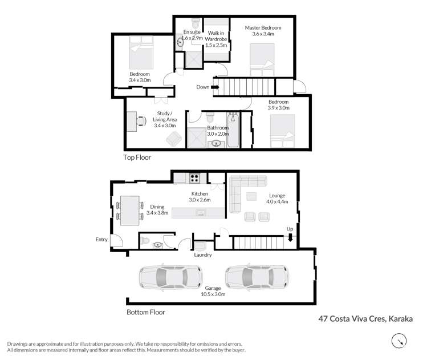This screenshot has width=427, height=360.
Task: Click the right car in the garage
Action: (257, 277)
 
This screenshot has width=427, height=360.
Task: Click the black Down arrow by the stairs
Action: (216, 87)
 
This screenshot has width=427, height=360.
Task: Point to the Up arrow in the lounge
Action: (290, 238)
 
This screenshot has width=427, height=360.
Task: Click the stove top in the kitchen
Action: (195, 177)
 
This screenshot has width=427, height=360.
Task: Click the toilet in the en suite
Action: (195, 23)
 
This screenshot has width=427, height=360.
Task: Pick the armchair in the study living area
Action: (173, 137)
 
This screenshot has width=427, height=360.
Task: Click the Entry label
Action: (101, 240)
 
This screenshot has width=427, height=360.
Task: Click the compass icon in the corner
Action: (400, 341)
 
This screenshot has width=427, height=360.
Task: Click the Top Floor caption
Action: (137, 157)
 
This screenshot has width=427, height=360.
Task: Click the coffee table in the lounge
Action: (251, 196)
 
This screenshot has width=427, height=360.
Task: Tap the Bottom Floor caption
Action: (146, 312)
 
